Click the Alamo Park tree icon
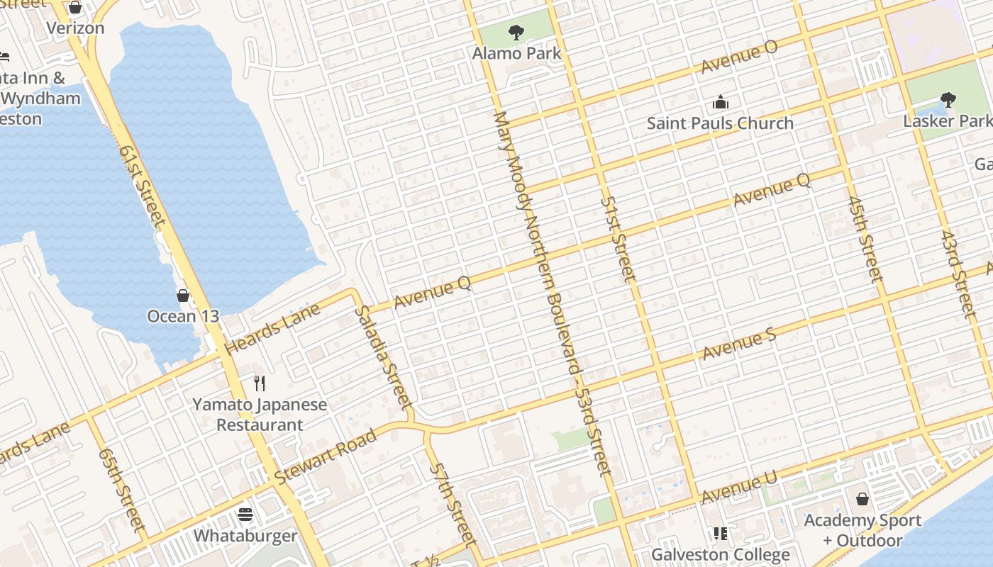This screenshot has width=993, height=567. pyautogui.click(x=516, y=32)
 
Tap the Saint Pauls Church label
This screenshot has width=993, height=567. pyautogui.click(x=720, y=123)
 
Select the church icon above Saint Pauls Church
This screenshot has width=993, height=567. pyautogui.click(x=721, y=102)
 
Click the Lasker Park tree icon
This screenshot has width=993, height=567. pyautogui.click(x=948, y=99)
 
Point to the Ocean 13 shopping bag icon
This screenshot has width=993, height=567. pyautogui.click(x=183, y=295)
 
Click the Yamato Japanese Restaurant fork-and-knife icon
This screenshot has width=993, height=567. pyautogui.click(x=260, y=383)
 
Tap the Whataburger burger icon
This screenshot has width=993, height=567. pyautogui.click(x=245, y=514)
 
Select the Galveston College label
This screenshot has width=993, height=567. pyautogui.click(x=721, y=554)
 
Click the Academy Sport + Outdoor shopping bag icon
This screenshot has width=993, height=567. pyautogui.click(x=862, y=500)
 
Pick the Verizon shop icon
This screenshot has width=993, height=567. pyautogui.click(x=75, y=8)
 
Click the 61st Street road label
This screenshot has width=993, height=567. pyautogui.click(x=142, y=186)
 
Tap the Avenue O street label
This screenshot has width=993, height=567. pyautogui.click(x=739, y=56)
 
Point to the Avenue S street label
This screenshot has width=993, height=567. pyautogui.click(x=739, y=344)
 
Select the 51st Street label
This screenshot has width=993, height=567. pyautogui.click(x=615, y=238)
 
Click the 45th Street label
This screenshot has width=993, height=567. pyautogui.click(x=864, y=240)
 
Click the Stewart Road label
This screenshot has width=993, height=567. pyautogui.click(x=326, y=456)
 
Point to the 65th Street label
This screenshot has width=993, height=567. pyautogui.click(x=121, y=489)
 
